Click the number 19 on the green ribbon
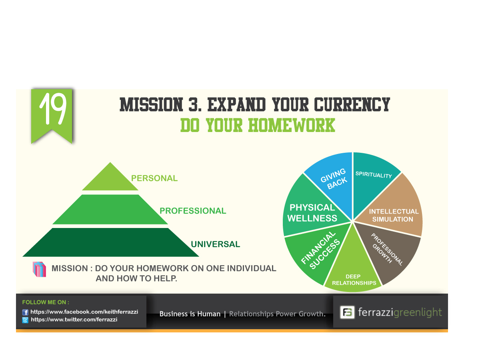(x=53, y=109)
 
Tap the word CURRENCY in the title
(x=352, y=104)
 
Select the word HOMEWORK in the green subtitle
(x=291, y=125)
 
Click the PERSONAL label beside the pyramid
(x=154, y=178)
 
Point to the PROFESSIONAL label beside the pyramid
(x=193, y=211)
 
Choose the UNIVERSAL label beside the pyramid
(x=215, y=244)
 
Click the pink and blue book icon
(x=39, y=269)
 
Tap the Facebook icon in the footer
(x=25, y=312)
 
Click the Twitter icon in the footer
(x=25, y=320)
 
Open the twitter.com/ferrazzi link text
(x=74, y=320)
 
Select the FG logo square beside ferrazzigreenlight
(x=347, y=312)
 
